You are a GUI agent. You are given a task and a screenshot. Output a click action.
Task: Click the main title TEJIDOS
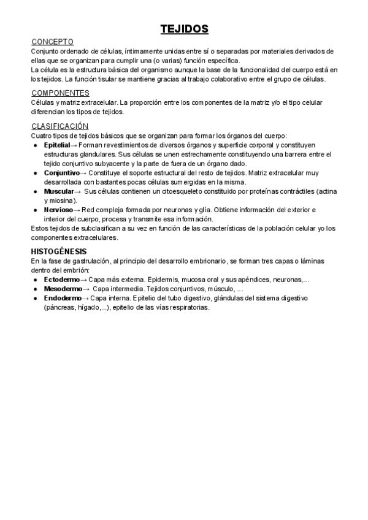click(184, 29)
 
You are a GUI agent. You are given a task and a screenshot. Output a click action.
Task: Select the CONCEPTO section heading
click(53, 42)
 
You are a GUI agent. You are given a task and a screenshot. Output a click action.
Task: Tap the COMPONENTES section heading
click(60, 93)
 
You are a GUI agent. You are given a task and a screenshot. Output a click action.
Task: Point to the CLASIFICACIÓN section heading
click(60, 126)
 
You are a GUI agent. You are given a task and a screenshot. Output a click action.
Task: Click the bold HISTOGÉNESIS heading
click(59, 251)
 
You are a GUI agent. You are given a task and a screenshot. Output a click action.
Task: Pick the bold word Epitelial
click(57, 145)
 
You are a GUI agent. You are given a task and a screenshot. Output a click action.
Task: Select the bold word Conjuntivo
click(61, 173)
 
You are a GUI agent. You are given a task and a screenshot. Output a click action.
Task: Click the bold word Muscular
click(59, 191)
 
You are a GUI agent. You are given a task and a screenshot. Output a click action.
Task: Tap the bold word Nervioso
click(58, 210)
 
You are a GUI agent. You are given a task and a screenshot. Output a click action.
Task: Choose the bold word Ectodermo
click(62, 280)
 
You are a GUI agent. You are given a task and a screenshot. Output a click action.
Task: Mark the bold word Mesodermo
click(63, 289)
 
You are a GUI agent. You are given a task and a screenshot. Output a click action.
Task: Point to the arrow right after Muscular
click(78, 191)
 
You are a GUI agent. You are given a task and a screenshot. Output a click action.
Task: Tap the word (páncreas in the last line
click(60, 308)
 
